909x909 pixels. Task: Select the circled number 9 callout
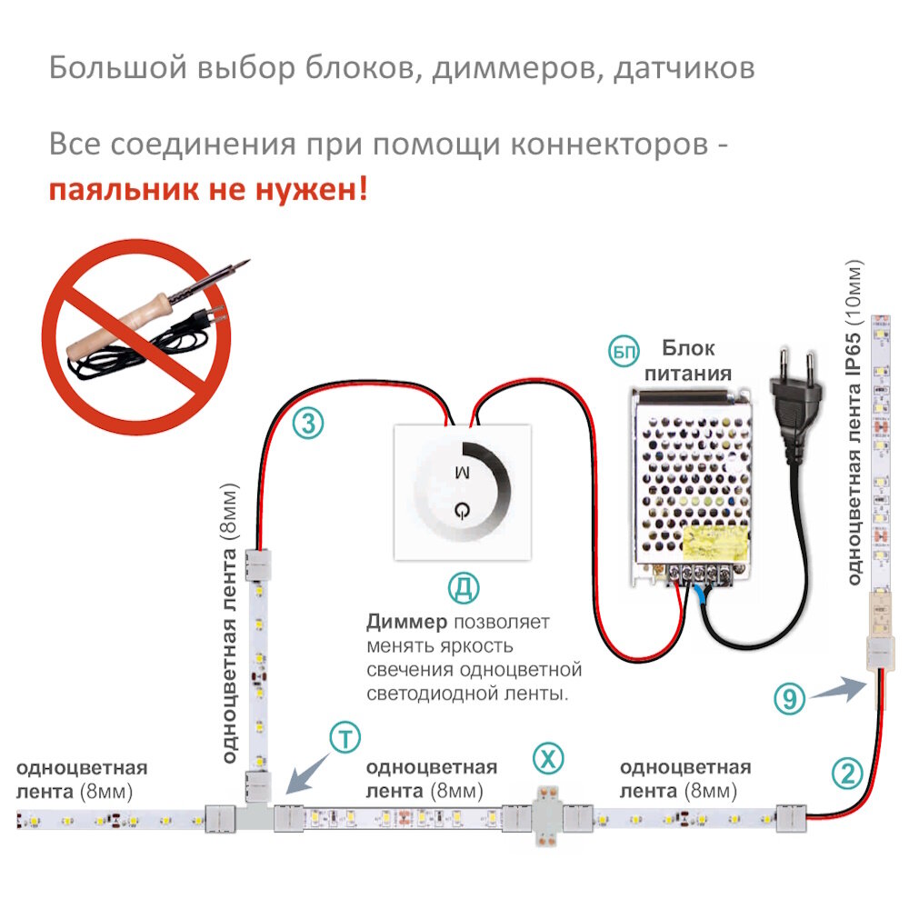(x=790, y=698)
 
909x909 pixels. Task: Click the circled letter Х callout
(x=547, y=756)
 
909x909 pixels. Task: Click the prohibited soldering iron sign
(x=136, y=336)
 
